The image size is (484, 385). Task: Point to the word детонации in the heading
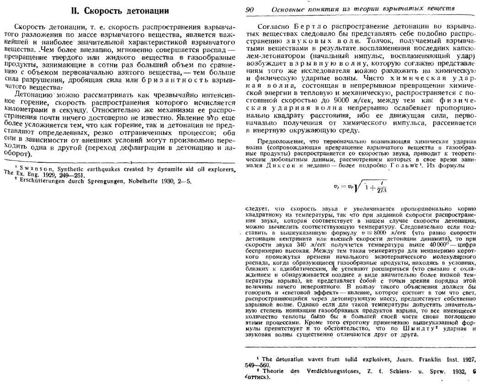pyautogui.click(x=148, y=11)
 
